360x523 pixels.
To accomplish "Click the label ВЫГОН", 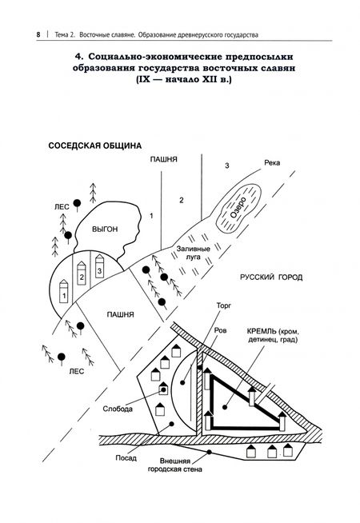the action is click(x=105, y=230).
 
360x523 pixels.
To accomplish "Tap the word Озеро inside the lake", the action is click(x=238, y=207).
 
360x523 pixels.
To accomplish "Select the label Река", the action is click(x=272, y=163).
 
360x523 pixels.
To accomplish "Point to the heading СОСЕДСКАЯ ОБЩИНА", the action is click(x=95, y=146).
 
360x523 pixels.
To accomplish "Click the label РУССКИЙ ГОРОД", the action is click(x=271, y=277).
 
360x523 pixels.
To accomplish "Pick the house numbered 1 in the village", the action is click(x=64, y=291).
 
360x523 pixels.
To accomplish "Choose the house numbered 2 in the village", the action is click(x=82, y=273).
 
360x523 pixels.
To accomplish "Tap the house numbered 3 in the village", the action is click(x=99, y=266).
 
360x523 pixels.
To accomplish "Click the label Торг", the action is click(x=223, y=305).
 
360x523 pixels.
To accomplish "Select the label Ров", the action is click(x=220, y=330).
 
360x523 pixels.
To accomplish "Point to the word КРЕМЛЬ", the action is click(x=262, y=331).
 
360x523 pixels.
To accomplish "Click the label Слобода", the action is click(x=118, y=409).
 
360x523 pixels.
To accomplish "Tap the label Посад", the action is click(x=126, y=458).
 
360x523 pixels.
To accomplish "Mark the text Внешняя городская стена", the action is click(x=175, y=465).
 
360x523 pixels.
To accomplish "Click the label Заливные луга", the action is click(x=193, y=253).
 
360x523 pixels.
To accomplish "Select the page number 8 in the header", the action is click(x=38, y=34).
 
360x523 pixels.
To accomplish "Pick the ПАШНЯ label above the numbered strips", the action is click(x=163, y=159).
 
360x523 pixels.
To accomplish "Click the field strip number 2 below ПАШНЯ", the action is click(x=181, y=200).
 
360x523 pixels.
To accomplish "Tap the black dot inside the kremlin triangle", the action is click(x=225, y=407).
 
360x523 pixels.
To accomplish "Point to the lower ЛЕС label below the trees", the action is click(x=77, y=372).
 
